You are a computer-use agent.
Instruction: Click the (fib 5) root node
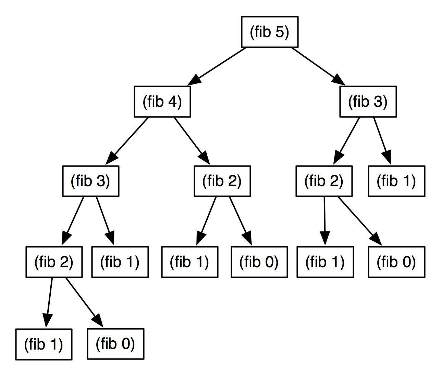270,32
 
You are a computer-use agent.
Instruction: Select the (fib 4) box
162,102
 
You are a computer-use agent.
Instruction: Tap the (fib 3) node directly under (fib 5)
368,102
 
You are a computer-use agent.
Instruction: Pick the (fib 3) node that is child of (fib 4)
91,181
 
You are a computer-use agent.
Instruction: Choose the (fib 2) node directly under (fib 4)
222,181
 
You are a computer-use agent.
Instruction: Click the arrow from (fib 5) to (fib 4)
217,67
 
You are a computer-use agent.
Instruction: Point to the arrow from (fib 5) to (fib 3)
318,67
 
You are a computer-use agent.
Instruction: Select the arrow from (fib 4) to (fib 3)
127,141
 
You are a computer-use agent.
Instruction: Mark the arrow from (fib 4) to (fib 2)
192,141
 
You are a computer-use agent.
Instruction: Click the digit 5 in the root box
280,32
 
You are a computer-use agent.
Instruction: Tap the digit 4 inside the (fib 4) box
173,102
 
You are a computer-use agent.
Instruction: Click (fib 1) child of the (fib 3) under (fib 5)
396,181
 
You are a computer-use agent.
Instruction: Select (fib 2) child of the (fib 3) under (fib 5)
324,181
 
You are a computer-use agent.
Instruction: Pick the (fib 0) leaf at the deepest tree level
115,344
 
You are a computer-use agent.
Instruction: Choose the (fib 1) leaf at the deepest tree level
44,344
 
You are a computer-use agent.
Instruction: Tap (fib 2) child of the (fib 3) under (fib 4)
54,262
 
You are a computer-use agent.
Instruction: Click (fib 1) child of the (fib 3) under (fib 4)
120,262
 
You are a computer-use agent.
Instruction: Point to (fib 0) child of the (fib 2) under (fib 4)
259,262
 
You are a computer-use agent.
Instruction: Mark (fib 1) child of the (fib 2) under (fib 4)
190,262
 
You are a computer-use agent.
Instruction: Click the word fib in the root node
262,32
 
